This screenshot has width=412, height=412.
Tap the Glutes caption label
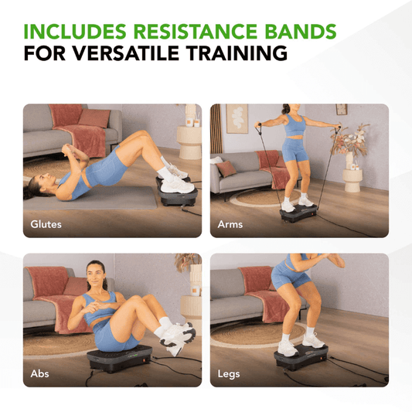[46, 224]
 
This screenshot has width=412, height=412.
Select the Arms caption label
[230, 224]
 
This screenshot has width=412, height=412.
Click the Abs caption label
[39, 373]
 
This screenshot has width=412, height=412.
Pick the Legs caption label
[229, 373]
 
